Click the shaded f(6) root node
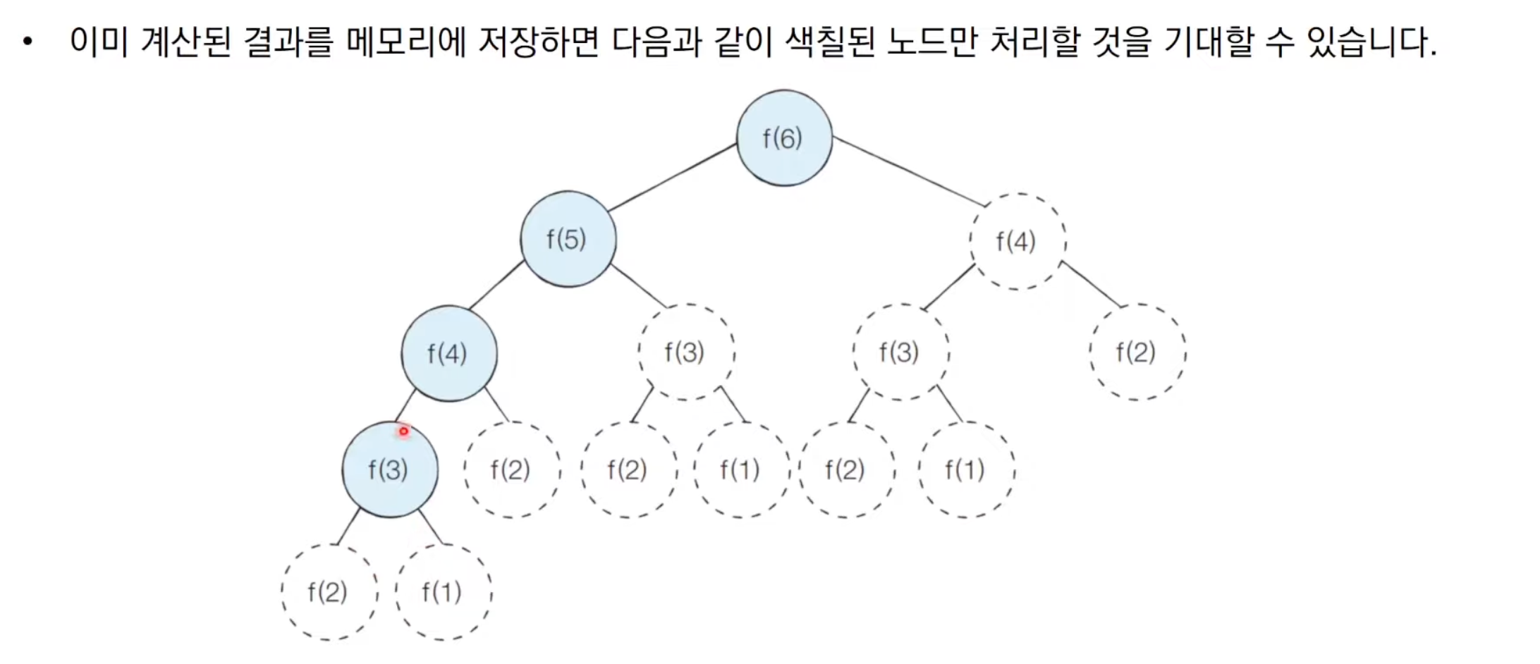[784, 138]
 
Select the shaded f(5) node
[568, 239]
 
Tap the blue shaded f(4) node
[448, 353]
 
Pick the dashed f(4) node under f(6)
[1017, 241]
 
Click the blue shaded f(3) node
[389, 469]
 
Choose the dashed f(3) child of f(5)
[685, 352]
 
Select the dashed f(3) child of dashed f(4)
[900, 352]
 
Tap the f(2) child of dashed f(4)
[1137, 352]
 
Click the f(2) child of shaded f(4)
[511, 469]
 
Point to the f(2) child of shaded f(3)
[329, 592]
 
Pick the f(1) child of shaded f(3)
[443, 592]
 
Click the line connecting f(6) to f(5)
[673, 177]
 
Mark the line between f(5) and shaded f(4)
[497, 284]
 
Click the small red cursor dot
[403, 431]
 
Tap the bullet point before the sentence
[28, 42]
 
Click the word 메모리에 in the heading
[405, 42]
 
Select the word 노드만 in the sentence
[931, 42]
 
